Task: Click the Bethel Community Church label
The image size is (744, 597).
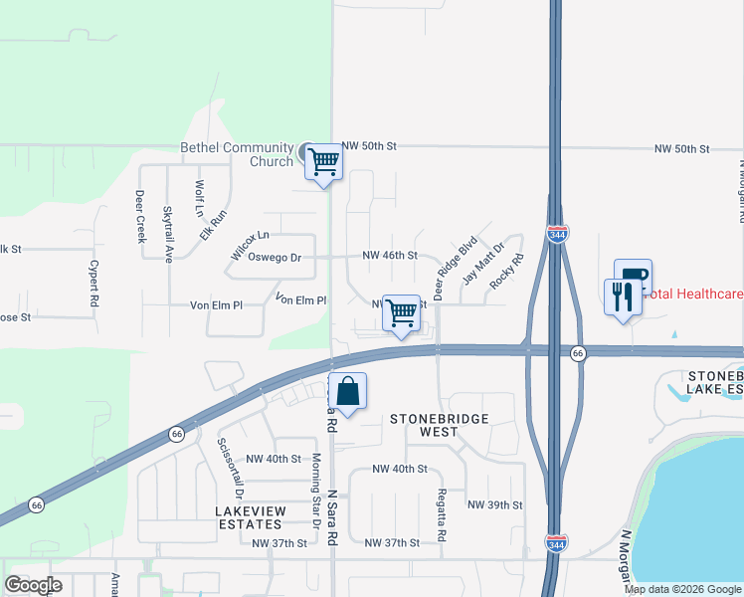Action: point(237,154)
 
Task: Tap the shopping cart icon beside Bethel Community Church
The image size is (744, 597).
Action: point(323,160)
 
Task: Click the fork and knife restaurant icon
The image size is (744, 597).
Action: point(622,297)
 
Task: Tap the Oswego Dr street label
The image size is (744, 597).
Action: point(275,257)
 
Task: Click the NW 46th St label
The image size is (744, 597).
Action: point(389,256)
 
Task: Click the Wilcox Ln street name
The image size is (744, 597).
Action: point(250,244)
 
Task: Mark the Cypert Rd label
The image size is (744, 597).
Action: point(93,282)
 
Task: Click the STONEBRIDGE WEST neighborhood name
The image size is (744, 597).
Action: point(439,425)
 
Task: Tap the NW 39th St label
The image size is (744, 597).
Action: point(494,505)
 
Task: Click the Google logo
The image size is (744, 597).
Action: point(33,584)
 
